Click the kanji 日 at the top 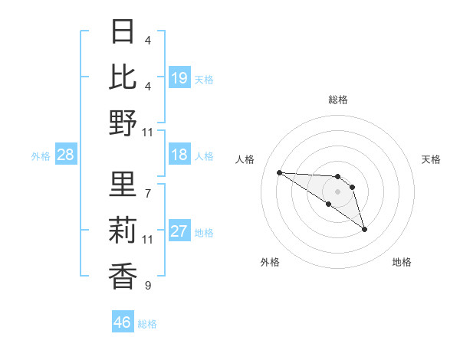pos(123,33)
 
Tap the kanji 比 pos(123,77)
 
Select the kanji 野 pos(123,122)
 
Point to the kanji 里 pos(123,186)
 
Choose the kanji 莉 pos(123,231)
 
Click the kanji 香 pos(123,276)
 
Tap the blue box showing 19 pos(179,78)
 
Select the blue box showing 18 pos(179,155)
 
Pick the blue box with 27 pos(179,232)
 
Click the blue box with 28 pos(66,155)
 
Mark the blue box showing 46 pos(123,322)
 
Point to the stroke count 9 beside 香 pos(148,286)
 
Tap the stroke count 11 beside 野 pos(148,132)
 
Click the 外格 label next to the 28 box pos(41,156)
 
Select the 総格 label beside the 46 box pos(147,324)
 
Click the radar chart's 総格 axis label pos(337,100)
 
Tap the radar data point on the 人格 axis pos(280,172)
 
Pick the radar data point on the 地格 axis pos(364,229)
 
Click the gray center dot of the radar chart pos(337,191)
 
